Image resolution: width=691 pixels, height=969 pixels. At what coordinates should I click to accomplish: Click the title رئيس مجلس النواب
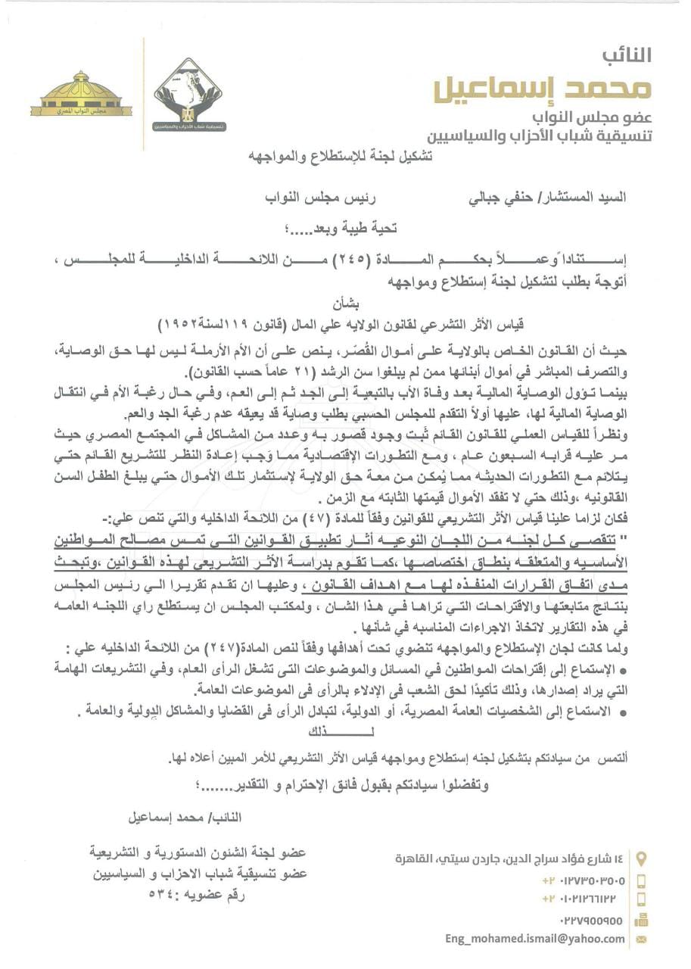click(337, 198)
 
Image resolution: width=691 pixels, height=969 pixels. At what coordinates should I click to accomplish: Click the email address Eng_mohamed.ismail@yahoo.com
click(535, 939)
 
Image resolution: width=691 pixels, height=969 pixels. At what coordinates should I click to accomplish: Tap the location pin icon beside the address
click(642, 859)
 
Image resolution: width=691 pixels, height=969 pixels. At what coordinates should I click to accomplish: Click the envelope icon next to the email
click(641, 939)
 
